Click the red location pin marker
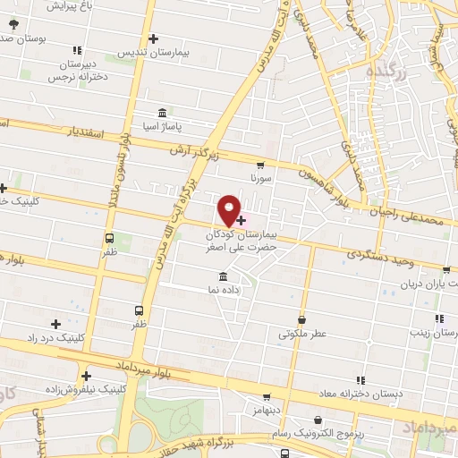click(230, 210)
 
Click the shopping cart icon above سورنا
click(259, 165)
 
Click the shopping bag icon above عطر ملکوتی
click(302, 319)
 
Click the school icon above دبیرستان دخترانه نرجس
click(78, 49)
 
